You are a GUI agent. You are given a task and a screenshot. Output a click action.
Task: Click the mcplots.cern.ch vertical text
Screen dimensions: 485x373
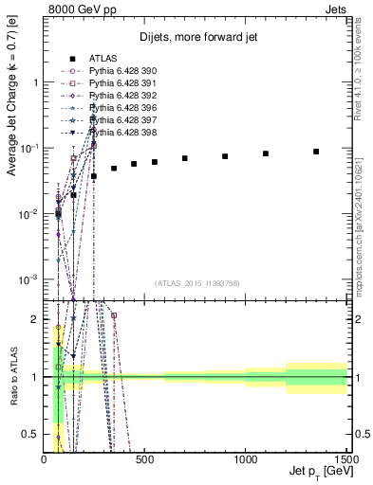point(364,227)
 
